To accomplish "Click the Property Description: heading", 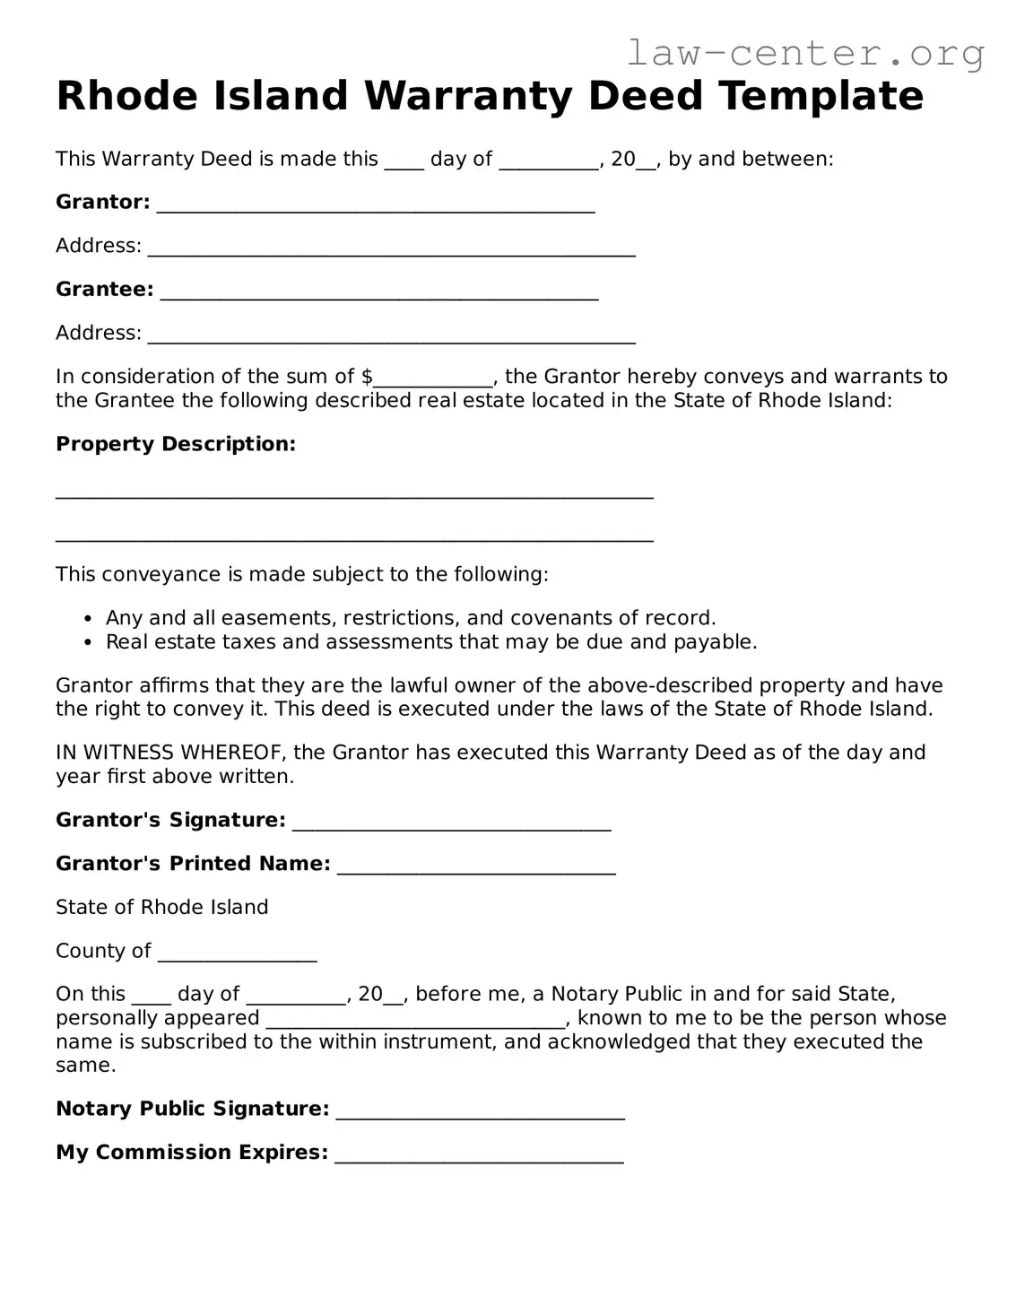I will (x=176, y=444).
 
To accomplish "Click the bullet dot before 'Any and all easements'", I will (x=87, y=619).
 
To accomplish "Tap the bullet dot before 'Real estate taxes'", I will (x=87, y=643).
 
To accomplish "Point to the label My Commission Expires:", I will (x=192, y=1153).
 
